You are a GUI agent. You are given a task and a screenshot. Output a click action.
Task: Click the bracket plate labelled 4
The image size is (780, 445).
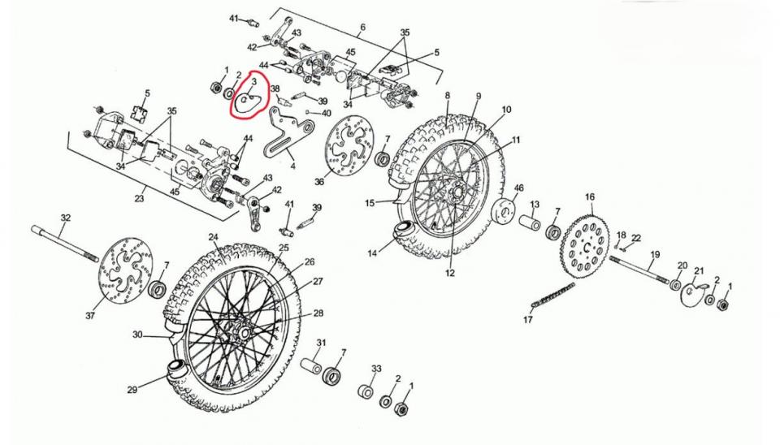[x=287, y=132]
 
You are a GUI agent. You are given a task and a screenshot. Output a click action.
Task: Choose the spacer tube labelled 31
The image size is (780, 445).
[x=311, y=366]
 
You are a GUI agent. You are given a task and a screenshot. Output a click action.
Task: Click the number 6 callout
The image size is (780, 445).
[x=362, y=27]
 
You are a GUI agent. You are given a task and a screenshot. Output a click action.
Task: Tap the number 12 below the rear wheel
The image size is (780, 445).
[x=449, y=273]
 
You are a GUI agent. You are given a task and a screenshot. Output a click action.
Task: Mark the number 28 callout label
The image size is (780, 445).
[x=318, y=313]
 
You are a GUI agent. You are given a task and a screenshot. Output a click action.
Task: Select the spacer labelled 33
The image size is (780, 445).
[x=366, y=391]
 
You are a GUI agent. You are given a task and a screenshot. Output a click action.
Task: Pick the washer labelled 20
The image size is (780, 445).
[x=675, y=285]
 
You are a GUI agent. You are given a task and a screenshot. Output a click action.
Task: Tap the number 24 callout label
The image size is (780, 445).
[x=214, y=237]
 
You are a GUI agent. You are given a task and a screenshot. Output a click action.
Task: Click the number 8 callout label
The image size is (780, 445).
[x=447, y=94]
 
